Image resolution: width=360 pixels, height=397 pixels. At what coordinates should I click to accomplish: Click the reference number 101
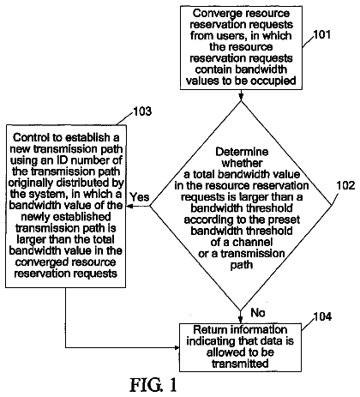click(322, 34)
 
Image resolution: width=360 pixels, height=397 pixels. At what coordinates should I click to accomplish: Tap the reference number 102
click(345, 186)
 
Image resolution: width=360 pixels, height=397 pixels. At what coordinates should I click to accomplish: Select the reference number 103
click(142, 111)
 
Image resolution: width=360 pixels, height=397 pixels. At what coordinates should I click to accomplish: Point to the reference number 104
click(322, 316)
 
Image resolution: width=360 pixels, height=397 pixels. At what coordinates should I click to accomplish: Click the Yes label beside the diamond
click(140, 197)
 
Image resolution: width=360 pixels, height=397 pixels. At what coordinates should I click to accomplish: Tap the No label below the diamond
click(258, 313)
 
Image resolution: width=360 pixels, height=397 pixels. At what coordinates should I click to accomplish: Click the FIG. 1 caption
click(153, 385)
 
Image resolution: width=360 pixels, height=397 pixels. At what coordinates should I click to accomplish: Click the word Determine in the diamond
click(242, 152)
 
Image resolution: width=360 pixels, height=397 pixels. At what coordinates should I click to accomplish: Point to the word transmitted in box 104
click(240, 364)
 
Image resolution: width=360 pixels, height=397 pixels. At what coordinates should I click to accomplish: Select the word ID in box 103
click(62, 160)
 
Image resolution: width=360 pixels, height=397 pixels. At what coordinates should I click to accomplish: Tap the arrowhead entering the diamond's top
click(241, 97)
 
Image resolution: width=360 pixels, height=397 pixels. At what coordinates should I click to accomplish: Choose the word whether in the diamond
click(242, 163)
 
